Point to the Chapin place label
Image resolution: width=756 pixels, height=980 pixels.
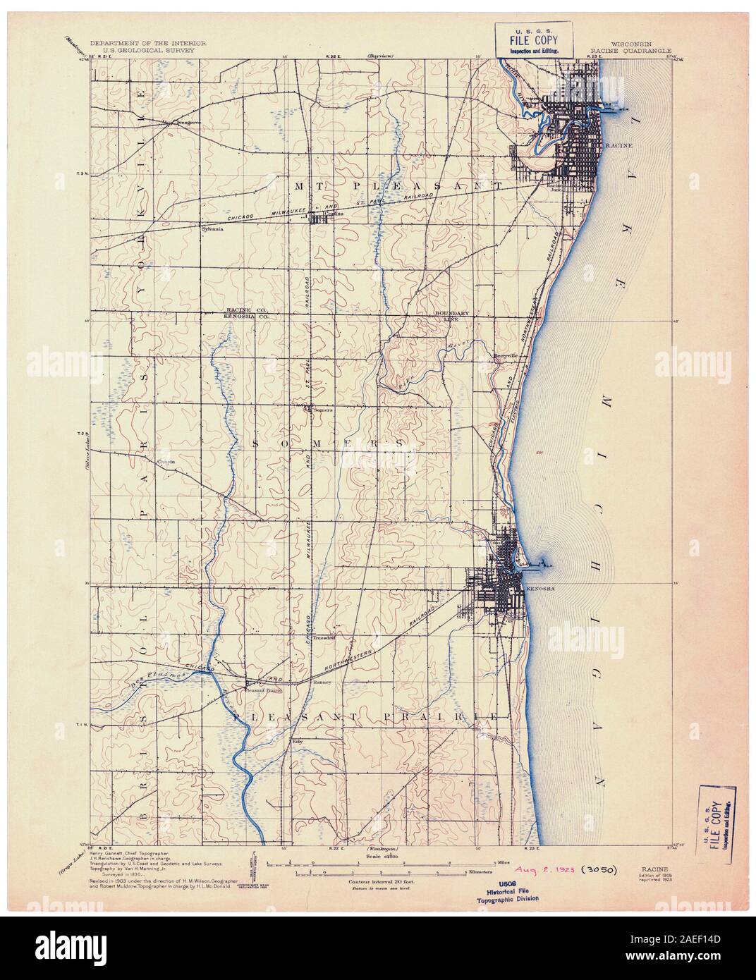click(166, 462)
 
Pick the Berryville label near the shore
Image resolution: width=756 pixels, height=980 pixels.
click(506, 355)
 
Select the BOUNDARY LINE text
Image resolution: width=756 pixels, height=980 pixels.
click(446, 315)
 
